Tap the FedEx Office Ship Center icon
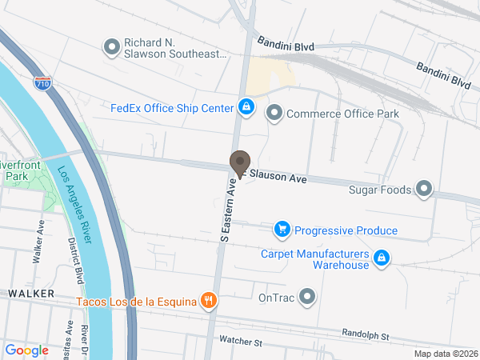(x=246, y=107)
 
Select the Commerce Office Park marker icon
(x=274, y=114)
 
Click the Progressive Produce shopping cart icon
(x=282, y=230)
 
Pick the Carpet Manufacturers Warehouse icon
(x=382, y=258)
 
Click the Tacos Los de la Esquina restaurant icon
(x=208, y=301)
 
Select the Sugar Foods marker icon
(x=424, y=190)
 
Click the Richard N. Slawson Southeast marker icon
(x=112, y=47)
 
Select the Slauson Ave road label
(x=278, y=175)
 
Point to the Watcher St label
(x=241, y=342)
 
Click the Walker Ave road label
(x=38, y=242)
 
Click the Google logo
(x=26, y=350)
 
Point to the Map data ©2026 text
(x=445, y=354)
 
